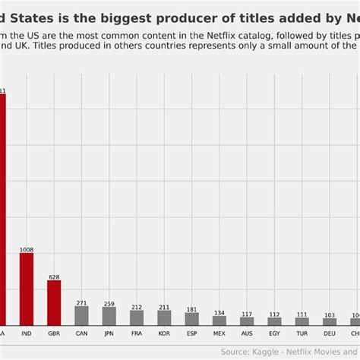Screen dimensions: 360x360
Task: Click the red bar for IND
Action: (x=27, y=289)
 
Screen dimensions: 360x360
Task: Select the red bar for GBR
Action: (x=54, y=302)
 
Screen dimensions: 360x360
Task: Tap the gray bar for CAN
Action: (x=81, y=315)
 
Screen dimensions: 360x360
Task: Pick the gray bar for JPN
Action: (x=109, y=316)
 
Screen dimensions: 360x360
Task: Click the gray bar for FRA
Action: (x=137, y=317)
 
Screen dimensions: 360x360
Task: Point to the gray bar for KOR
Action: (x=164, y=317)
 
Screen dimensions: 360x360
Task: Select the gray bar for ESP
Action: (x=191, y=319)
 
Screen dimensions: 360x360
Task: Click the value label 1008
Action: (x=27, y=249)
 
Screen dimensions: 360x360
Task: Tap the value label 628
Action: (x=54, y=276)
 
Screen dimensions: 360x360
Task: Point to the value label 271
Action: (x=81, y=302)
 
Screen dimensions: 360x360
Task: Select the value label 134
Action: (x=219, y=312)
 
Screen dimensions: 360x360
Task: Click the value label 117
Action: (x=247, y=314)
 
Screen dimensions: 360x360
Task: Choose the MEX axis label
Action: (x=219, y=333)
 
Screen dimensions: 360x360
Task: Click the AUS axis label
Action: (x=247, y=333)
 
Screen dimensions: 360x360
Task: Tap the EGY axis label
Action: (x=274, y=333)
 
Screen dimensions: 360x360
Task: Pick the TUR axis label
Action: (x=302, y=333)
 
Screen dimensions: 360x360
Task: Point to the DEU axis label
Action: (x=329, y=333)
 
